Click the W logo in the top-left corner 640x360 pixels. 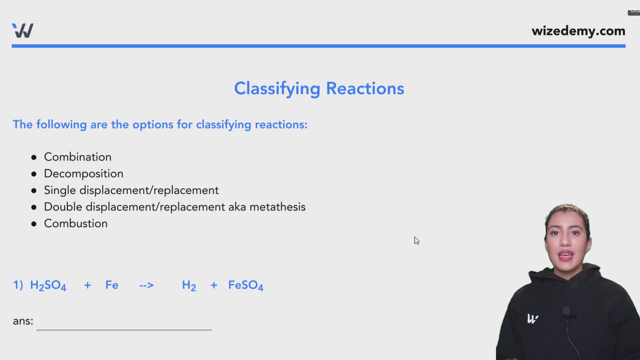tap(23, 31)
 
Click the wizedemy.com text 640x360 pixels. tap(578, 31)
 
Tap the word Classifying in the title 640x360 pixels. tap(277, 89)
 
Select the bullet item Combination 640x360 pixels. tap(78, 157)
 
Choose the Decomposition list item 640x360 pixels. tap(84, 174)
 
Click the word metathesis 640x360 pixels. tap(277, 207)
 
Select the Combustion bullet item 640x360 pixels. tap(76, 224)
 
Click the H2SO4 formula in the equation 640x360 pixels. tap(48, 285)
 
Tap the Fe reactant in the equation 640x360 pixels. tap(112, 285)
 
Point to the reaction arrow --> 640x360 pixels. tap(147, 285)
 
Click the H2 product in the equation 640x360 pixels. tap(189, 286)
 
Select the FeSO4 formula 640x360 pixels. tap(246, 285)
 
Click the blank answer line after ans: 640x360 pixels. tap(124, 325)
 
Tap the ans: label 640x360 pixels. tap(23, 321)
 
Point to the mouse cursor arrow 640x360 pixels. tap(416, 240)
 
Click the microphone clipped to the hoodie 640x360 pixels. tap(566, 312)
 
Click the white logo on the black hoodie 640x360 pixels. tap(532, 319)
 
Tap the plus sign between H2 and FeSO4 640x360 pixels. tap(214, 285)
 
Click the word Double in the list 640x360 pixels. tap(63, 207)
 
